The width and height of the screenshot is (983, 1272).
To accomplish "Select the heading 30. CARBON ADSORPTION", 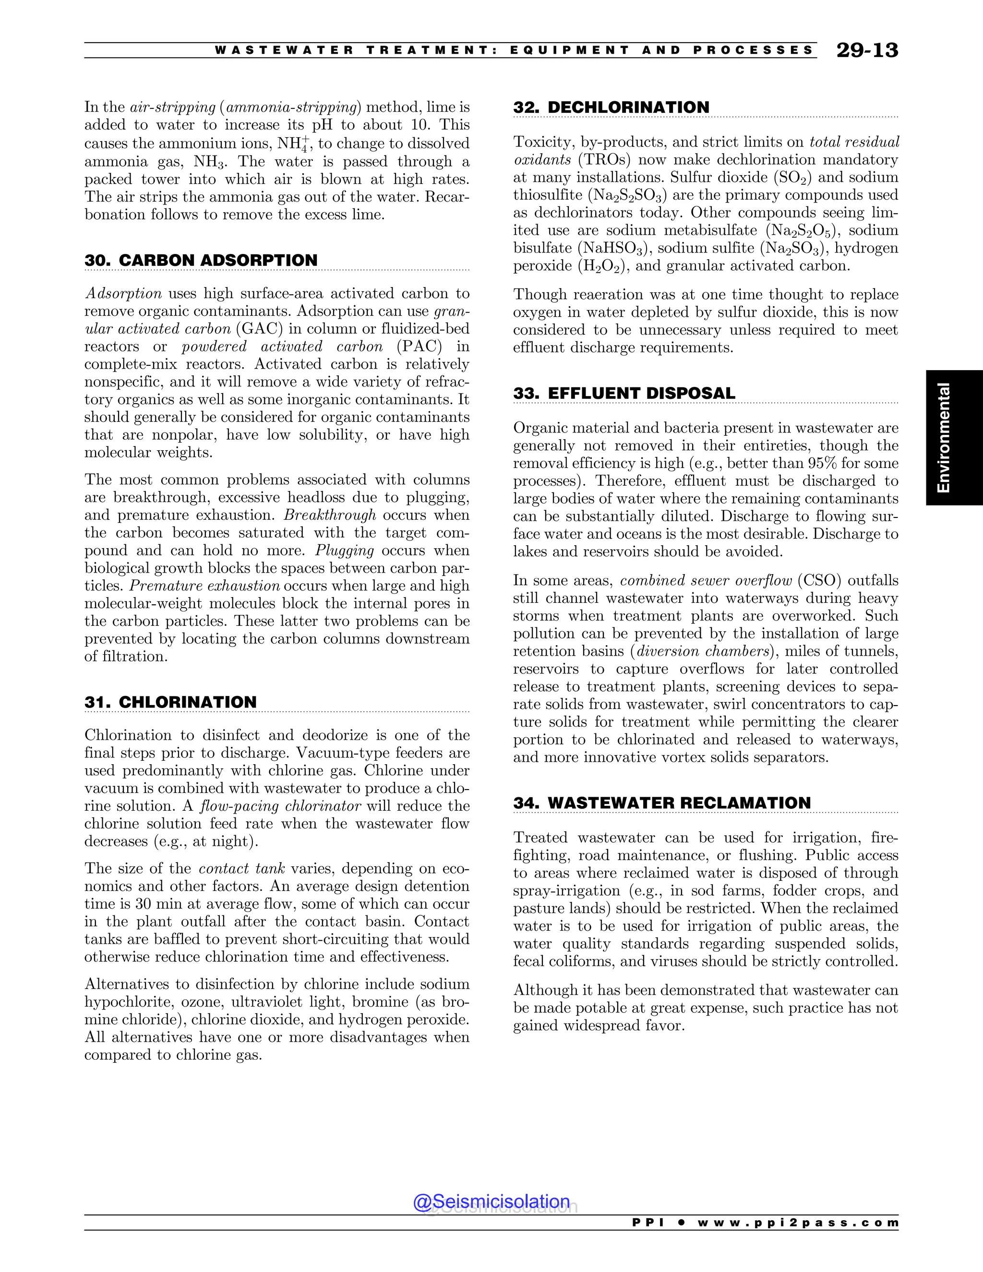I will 201,260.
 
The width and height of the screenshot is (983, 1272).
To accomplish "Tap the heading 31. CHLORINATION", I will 170,702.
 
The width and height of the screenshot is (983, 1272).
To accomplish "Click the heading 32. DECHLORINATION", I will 611,108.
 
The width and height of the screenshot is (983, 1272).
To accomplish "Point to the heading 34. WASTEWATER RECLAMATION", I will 661,803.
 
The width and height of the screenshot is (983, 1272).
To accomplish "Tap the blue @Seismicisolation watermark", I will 491,1201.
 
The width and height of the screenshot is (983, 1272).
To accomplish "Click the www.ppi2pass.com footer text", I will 798,1223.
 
